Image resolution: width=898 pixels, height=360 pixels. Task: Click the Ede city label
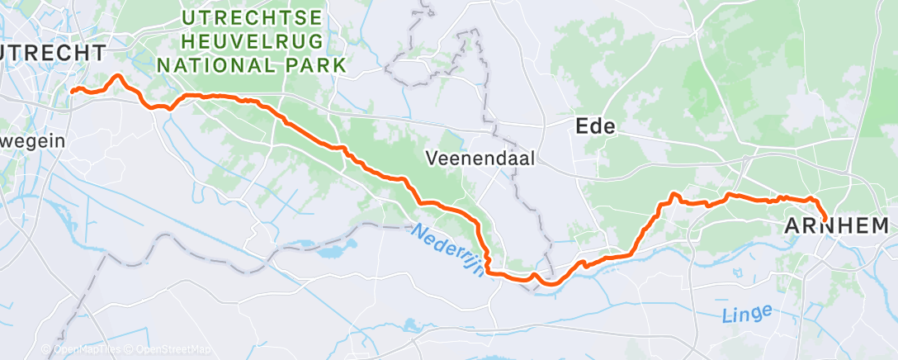pos(595,126)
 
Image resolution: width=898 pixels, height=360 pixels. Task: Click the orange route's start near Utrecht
pos(72,91)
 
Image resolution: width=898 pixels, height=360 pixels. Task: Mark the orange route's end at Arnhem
pos(825,219)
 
